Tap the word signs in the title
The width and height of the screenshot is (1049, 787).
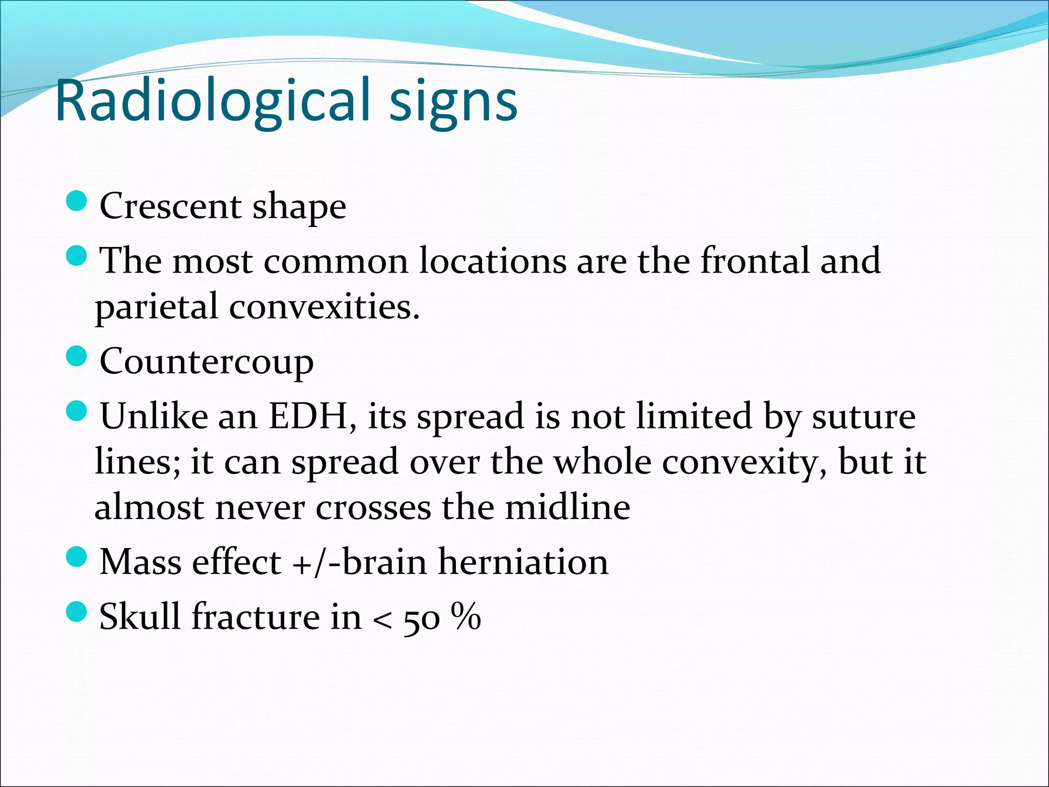pyautogui.click(x=453, y=102)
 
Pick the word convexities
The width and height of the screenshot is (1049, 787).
pyautogui.click(x=324, y=306)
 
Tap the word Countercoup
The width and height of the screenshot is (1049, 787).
pyautogui.click(x=206, y=362)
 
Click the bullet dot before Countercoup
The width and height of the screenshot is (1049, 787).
pyautogui.click(x=77, y=356)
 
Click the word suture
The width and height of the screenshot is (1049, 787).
pyautogui.click(x=864, y=416)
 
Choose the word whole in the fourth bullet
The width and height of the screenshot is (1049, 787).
pyautogui.click(x=602, y=462)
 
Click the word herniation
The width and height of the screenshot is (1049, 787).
pyautogui.click(x=523, y=562)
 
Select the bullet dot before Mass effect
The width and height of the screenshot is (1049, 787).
pyautogui.click(x=77, y=556)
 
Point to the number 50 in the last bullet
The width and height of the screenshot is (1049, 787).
pyautogui.click(x=422, y=619)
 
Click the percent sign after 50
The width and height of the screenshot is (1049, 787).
pyautogui.click(x=466, y=616)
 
